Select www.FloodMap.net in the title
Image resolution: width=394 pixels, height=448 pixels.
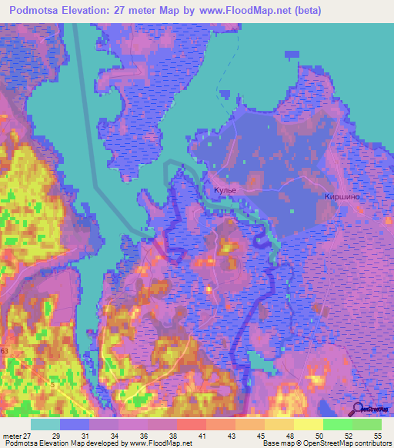coord(241,11)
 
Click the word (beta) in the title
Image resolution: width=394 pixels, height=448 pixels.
coord(304,11)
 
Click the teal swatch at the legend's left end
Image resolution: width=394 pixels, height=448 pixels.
coord(45,424)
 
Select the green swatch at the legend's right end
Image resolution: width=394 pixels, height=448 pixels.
coord(366,424)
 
